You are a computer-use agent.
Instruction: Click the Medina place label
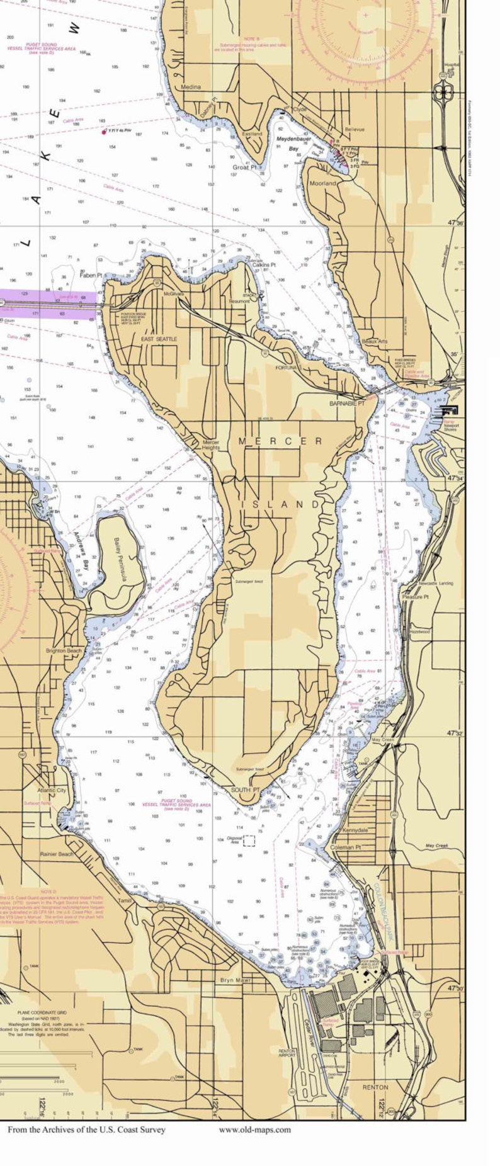[x=190, y=87]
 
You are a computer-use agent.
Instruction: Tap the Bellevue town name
[x=354, y=130]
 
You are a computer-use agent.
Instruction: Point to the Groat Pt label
[x=244, y=167]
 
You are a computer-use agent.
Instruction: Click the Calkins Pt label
[x=264, y=265]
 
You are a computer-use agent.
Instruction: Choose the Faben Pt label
[x=91, y=276]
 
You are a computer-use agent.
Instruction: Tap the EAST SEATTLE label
[x=159, y=339]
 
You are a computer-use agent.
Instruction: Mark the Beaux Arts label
[x=375, y=341]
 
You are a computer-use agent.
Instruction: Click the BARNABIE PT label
[x=346, y=403]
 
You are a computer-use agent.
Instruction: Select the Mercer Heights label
[x=210, y=444]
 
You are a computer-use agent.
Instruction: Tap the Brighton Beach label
[x=64, y=651]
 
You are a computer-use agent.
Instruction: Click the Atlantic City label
[x=51, y=790]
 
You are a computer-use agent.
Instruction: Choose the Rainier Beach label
[x=57, y=854]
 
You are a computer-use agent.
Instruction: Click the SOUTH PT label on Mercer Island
[x=244, y=790]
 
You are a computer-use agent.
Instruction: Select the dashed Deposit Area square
[x=249, y=841]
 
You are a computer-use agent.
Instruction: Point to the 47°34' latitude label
[x=455, y=478]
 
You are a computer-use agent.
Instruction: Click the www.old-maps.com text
[x=254, y=1129]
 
